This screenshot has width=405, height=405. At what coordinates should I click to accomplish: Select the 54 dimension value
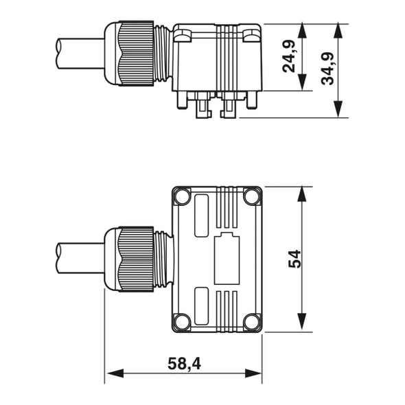click(x=294, y=259)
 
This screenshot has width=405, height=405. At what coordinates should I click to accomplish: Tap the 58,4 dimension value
click(x=184, y=364)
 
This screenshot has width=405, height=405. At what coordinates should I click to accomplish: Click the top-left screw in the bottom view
click(x=182, y=197)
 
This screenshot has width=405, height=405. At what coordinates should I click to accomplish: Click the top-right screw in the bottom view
click(x=252, y=197)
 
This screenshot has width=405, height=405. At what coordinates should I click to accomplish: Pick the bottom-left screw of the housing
click(x=182, y=321)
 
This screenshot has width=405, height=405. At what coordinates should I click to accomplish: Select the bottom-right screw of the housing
click(x=252, y=321)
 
